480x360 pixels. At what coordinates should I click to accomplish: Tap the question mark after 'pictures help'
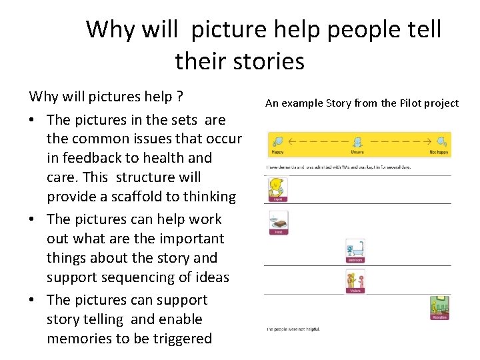[x=179, y=97]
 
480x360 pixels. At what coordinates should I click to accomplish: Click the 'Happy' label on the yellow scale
[x=279, y=151]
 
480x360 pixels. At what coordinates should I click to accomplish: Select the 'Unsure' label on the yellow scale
[x=358, y=151]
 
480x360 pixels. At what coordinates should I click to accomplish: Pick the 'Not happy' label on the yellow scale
[x=438, y=151]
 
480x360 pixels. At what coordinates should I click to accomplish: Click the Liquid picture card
[x=277, y=189]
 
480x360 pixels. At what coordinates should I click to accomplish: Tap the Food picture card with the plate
[x=278, y=223]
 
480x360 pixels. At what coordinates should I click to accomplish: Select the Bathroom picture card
[x=355, y=251]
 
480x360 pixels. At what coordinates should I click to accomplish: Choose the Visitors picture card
[x=355, y=282]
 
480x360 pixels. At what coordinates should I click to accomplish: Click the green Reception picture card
[x=439, y=307]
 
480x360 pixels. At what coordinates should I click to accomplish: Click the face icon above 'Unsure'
[x=358, y=142]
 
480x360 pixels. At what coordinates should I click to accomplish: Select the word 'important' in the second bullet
[x=191, y=238]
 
